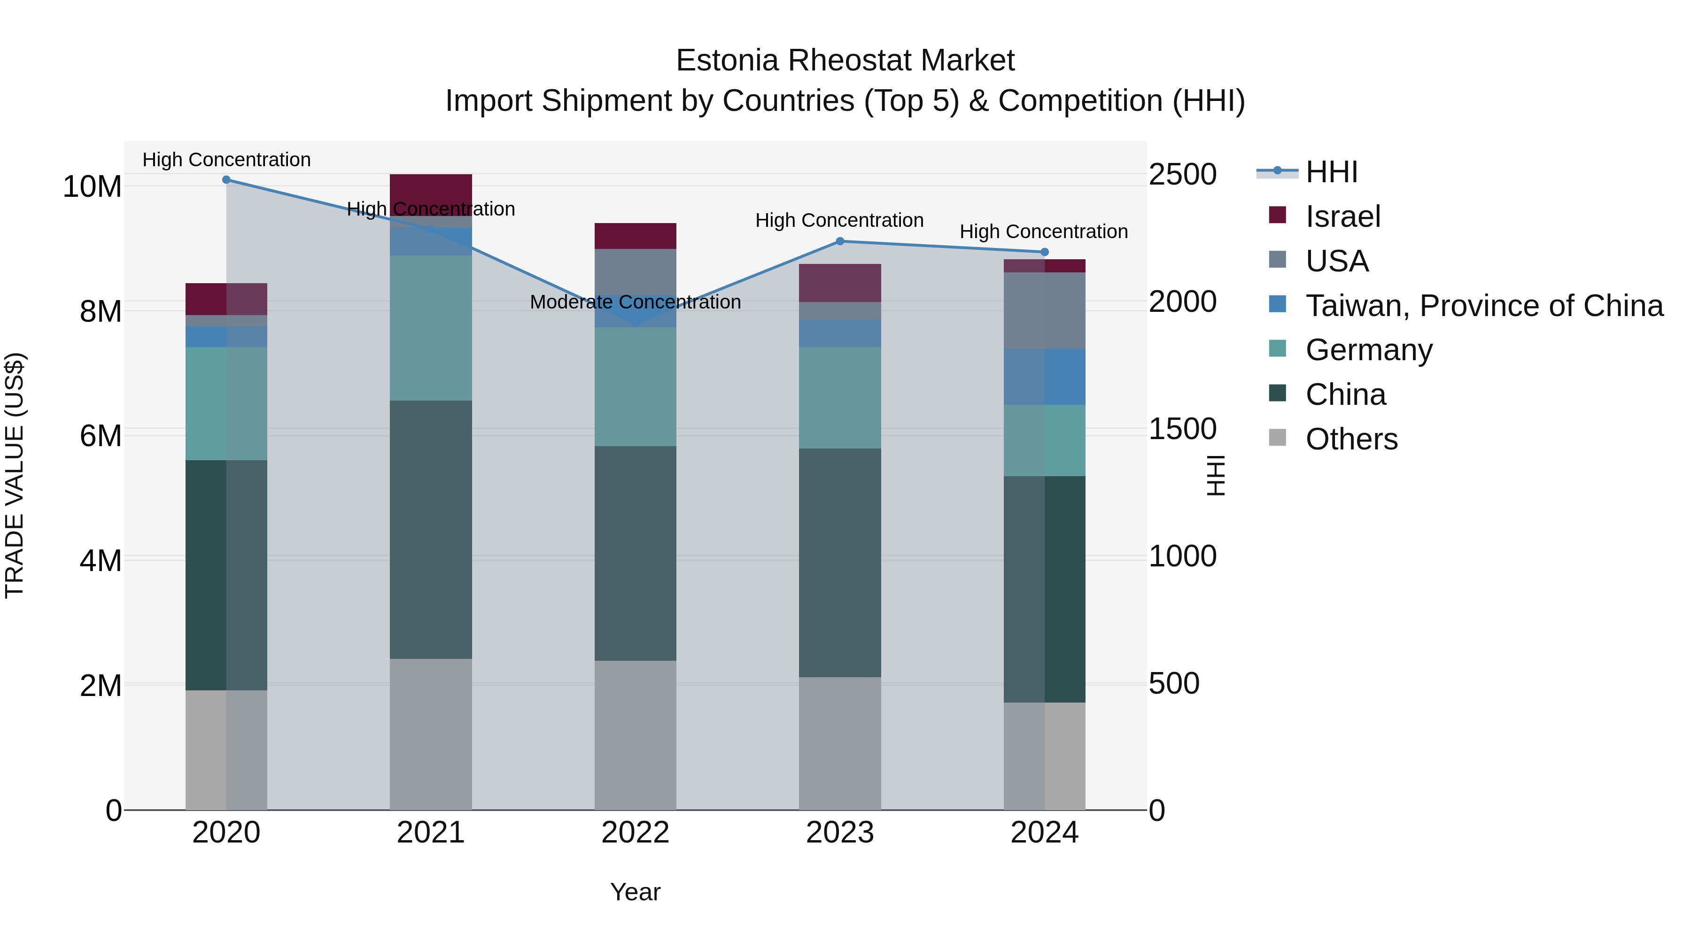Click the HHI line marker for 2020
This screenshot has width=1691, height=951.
pos(226,180)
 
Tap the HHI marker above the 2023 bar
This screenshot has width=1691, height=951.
pos(839,241)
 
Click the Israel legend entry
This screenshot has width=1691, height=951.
pos(1342,216)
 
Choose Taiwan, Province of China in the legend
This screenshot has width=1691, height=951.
pos(1483,306)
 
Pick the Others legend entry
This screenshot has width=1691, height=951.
pos(1351,439)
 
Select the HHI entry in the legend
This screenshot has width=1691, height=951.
pos(1331,172)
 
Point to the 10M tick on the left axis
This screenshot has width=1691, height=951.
pos(92,187)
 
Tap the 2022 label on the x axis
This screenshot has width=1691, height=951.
pos(635,833)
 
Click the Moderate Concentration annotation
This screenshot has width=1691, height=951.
pos(635,302)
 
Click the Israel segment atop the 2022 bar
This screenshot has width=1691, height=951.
pos(635,236)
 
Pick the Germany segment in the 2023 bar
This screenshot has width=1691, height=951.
pos(839,398)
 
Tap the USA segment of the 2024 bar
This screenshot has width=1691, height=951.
pos(1044,310)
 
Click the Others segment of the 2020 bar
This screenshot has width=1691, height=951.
pos(226,750)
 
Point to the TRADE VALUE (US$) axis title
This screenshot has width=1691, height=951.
pos(15,475)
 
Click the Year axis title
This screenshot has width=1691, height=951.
pos(635,892)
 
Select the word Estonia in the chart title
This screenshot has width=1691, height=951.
pos(727,61)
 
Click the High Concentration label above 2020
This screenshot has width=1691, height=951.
pos(226,160)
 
